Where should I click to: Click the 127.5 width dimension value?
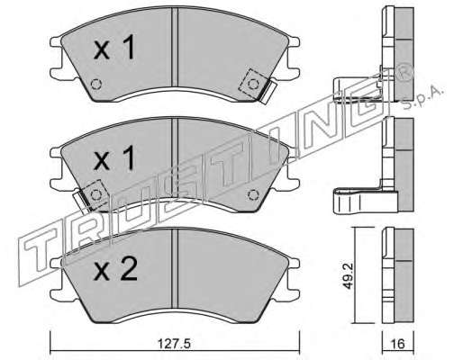pos(174,344)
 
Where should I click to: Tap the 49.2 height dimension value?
pos(348,276)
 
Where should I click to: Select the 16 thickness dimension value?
pos(398,344)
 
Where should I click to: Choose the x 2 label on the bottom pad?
pos(115,269)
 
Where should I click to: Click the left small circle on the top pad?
pos(96,84)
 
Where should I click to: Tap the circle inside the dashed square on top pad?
pos(253,84)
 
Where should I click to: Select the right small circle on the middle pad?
pos(253,195)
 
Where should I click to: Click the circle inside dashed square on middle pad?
pos(96,195)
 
